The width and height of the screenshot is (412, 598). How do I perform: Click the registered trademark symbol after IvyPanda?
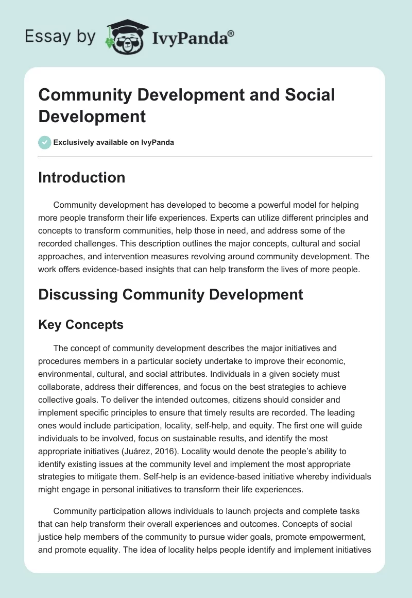(x=231, y=33)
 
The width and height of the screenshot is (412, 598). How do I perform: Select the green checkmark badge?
(x=45, y=142)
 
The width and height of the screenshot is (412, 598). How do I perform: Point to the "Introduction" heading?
(x=82, y=177)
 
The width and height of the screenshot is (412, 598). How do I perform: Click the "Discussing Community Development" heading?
(x=170, y=295)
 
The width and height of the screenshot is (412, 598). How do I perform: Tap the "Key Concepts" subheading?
(x=81, y=324)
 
